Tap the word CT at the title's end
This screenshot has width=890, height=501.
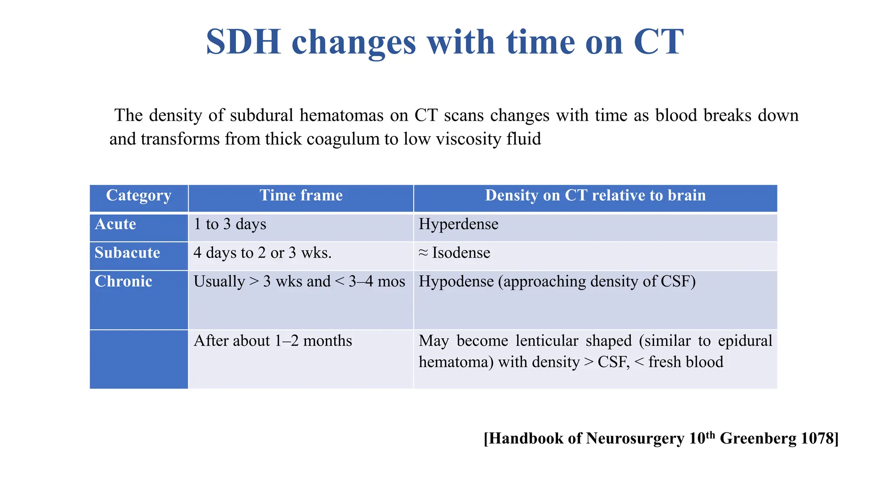[658, 42]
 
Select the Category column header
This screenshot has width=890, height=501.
[139, 196]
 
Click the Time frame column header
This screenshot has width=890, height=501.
[301, 196]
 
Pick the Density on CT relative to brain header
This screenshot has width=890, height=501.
[595, 196]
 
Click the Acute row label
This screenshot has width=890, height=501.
[116, 224]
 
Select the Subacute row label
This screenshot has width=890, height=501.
[127, 253]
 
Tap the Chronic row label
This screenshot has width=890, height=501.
[123, 282]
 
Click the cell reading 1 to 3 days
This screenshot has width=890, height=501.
[230, 224]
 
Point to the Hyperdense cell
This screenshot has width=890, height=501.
[458, 224]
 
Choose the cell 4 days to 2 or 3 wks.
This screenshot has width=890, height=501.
[262, 253]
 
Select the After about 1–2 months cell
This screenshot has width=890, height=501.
[273, 341]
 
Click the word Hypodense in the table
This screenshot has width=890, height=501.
[456, 282]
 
